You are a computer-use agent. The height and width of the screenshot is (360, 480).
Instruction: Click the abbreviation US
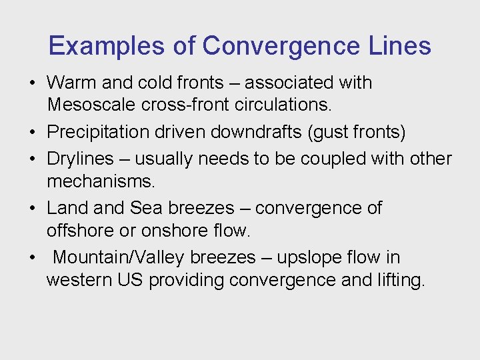(x=130, y=280)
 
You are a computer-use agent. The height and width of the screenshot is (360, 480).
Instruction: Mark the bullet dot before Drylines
(x=32, y=159)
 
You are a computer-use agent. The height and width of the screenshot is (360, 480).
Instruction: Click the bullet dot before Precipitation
(x=32, y=132)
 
